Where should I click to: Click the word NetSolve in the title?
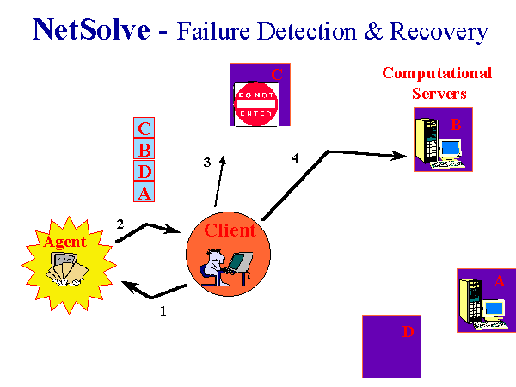click(91, 29)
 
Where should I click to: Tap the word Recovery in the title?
click(439, 33)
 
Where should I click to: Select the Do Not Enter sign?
click(256, 104)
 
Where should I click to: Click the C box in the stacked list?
click(144, 127)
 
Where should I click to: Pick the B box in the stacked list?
click(144, 149)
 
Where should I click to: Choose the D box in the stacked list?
click(144, 170)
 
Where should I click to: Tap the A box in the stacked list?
click(144, 192)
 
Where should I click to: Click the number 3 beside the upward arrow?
click(207, 163)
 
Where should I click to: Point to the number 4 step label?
click(295, 158)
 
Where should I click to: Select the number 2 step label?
click(120, 224)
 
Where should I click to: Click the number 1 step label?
click(163, 311)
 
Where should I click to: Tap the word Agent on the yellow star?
click(65, 243)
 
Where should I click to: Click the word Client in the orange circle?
click(230, 230)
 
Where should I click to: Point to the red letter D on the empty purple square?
click(408, 332)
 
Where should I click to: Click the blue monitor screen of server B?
click(450, 147)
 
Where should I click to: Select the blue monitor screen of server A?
click(494, 309)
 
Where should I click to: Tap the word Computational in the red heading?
click(437, 73)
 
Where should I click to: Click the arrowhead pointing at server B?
click(400, 156)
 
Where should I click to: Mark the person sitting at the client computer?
click(214, 267)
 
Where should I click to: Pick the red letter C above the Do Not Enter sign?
click(277, 74)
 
